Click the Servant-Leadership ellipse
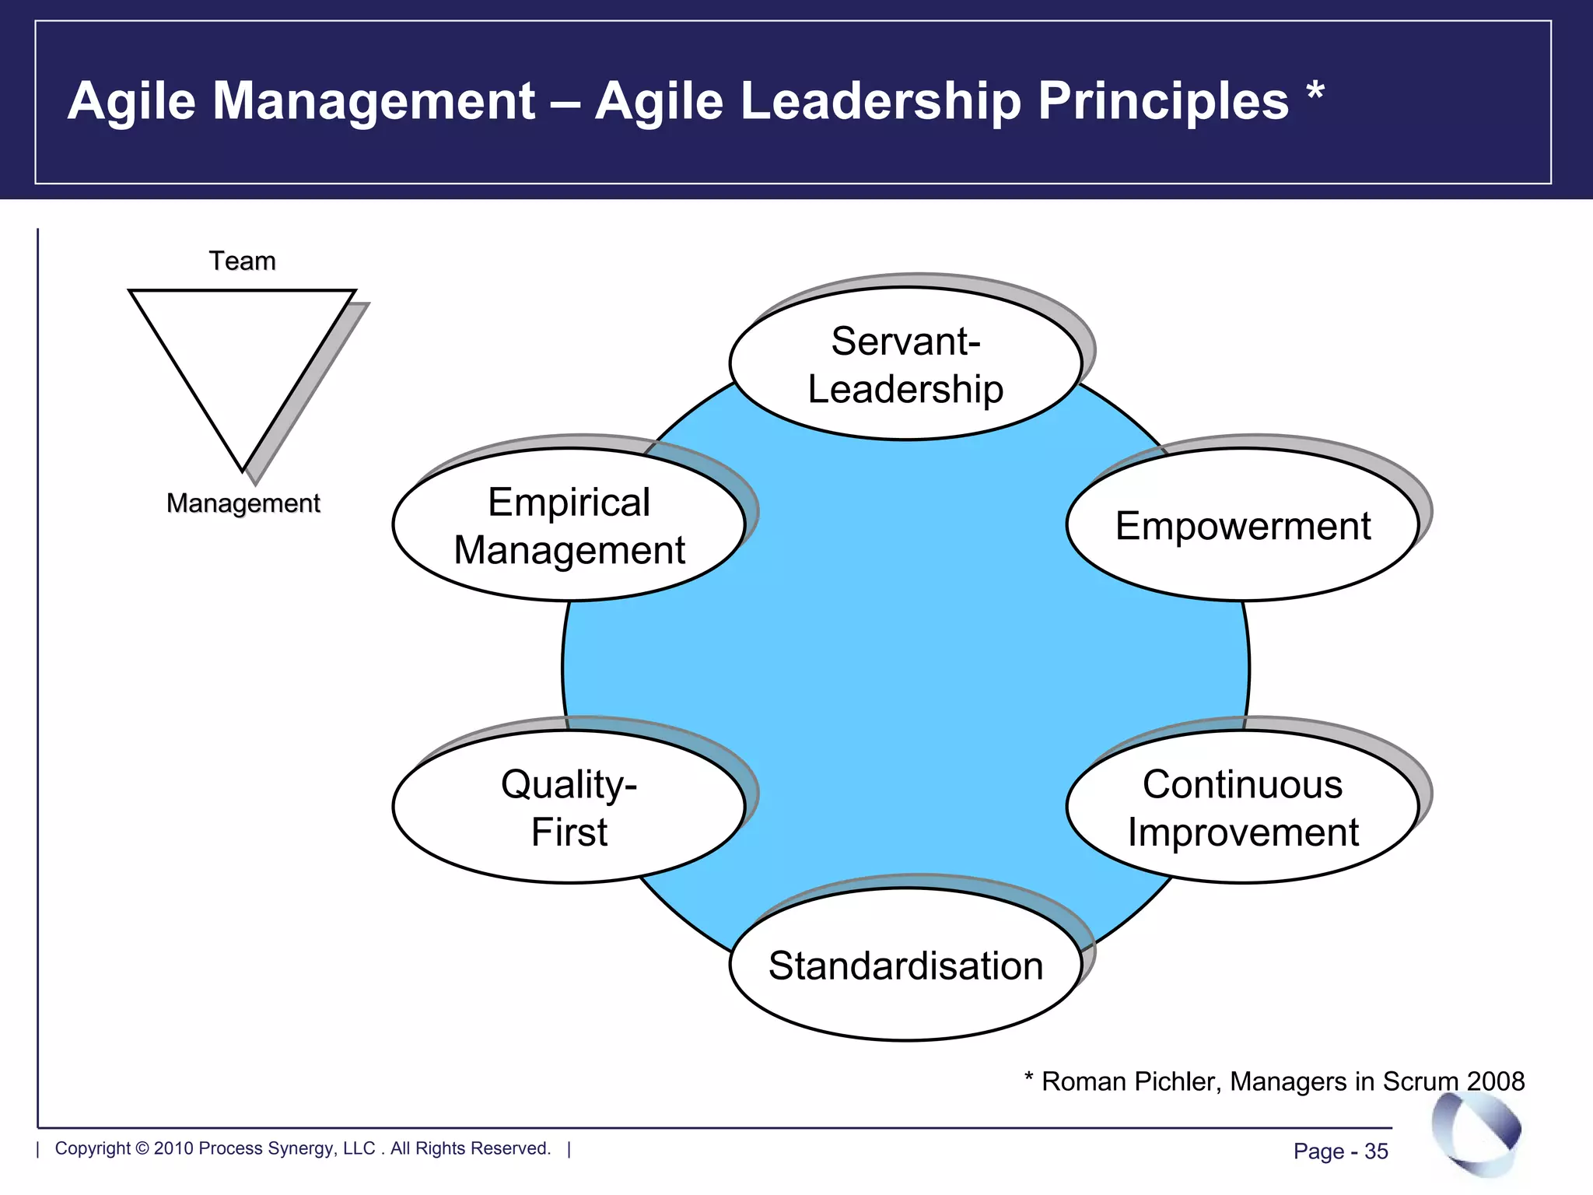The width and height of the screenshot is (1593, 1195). pos(905,364)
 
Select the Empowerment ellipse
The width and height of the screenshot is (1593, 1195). pos(1242,525)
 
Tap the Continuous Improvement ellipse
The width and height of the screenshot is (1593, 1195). pos(1242,808)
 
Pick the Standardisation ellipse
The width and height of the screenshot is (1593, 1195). pos(905,965)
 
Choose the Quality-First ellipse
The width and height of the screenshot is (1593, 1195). pos(569,808)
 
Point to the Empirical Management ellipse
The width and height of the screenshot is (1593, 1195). pos(569,525)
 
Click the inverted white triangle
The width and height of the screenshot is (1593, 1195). pos(242,358)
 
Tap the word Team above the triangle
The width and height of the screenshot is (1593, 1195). pos(242,261)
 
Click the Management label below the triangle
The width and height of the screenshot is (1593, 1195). pos(243,503)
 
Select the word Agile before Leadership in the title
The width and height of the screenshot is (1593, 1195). pos(660,101)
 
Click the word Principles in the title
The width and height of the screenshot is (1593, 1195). pos(1163,101)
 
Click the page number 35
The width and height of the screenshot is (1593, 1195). pos(1376,1151)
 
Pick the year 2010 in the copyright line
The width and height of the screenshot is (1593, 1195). pos(173,1148)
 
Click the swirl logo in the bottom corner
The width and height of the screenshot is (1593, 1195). pos(1476,1134)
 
